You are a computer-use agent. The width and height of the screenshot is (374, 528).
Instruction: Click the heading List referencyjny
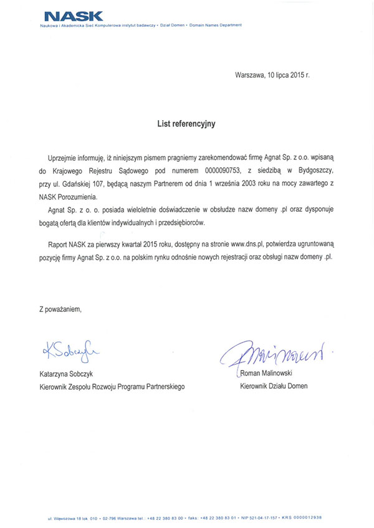tap(186, 124)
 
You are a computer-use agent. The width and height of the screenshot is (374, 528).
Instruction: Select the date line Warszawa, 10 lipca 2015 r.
tap(272, 75)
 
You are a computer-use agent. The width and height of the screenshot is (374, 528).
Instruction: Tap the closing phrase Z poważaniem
tap(60, 308)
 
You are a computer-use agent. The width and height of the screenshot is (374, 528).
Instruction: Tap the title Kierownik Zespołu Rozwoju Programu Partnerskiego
tap(112, 387)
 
